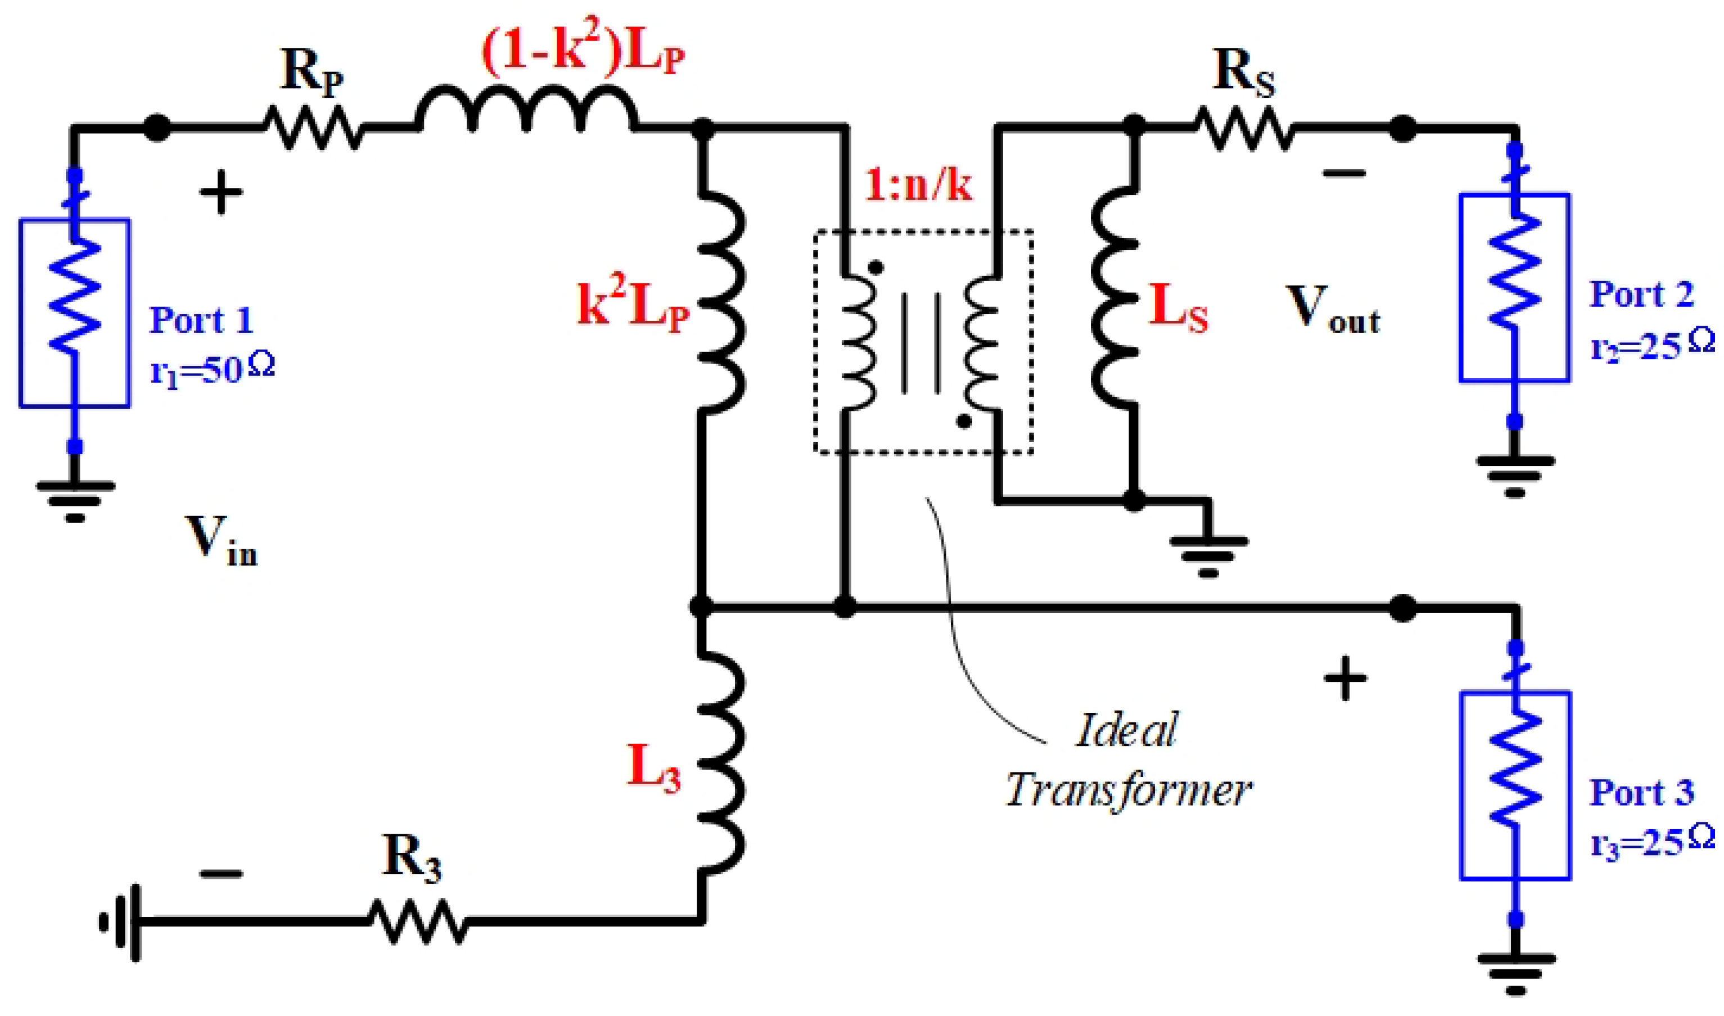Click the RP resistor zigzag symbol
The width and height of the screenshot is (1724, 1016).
point(313,127)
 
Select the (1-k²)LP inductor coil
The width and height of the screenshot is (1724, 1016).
point(525,110)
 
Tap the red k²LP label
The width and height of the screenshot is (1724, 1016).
point(633,307)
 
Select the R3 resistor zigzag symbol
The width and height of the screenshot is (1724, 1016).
point(418,921)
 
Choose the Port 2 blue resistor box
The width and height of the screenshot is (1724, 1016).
point(1514,288)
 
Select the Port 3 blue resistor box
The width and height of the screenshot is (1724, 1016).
point(1515,786)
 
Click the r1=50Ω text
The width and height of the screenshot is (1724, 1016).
point(212,370)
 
